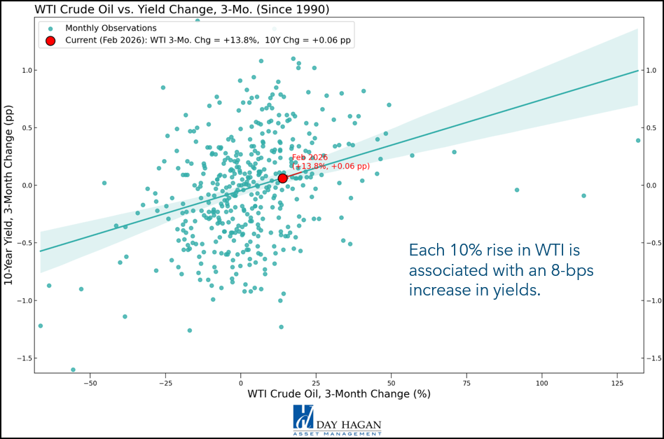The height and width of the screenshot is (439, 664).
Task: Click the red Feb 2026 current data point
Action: pyautogui.click(x=282, y=179)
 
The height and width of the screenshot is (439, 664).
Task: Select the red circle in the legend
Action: pyautogui.click(x=50, y=41)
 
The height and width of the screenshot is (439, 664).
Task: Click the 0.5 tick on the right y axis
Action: pyautogui.click(x=650, y=128)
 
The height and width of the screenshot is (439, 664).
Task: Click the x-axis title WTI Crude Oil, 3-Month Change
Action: pyautogui.click(x=338, y=394)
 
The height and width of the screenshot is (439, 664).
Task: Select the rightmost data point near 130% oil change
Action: pyautogui.click(x=638, y=141)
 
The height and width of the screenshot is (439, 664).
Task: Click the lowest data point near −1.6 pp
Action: pyautogui.click(x=73, y=370)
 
